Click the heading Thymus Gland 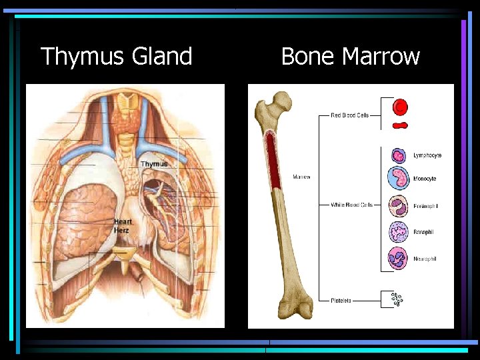pos(117,56)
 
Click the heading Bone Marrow pos(350,56)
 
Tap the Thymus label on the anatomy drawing pos(153,164)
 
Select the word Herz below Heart pos(122,230)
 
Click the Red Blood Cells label pos(350,115)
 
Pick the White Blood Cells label pos(351,205)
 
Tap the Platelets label pos(341,301)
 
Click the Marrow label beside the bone pos(301,177)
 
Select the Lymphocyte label pos(427,156)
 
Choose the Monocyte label pos(425,179)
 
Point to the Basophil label pos(424,232)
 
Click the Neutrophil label pos(425,259)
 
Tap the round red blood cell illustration pos(400,107)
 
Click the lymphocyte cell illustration pos(398,156)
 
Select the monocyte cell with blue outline pos(398,179)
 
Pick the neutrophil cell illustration pos(398,258)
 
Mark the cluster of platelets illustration pos(397,300)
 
